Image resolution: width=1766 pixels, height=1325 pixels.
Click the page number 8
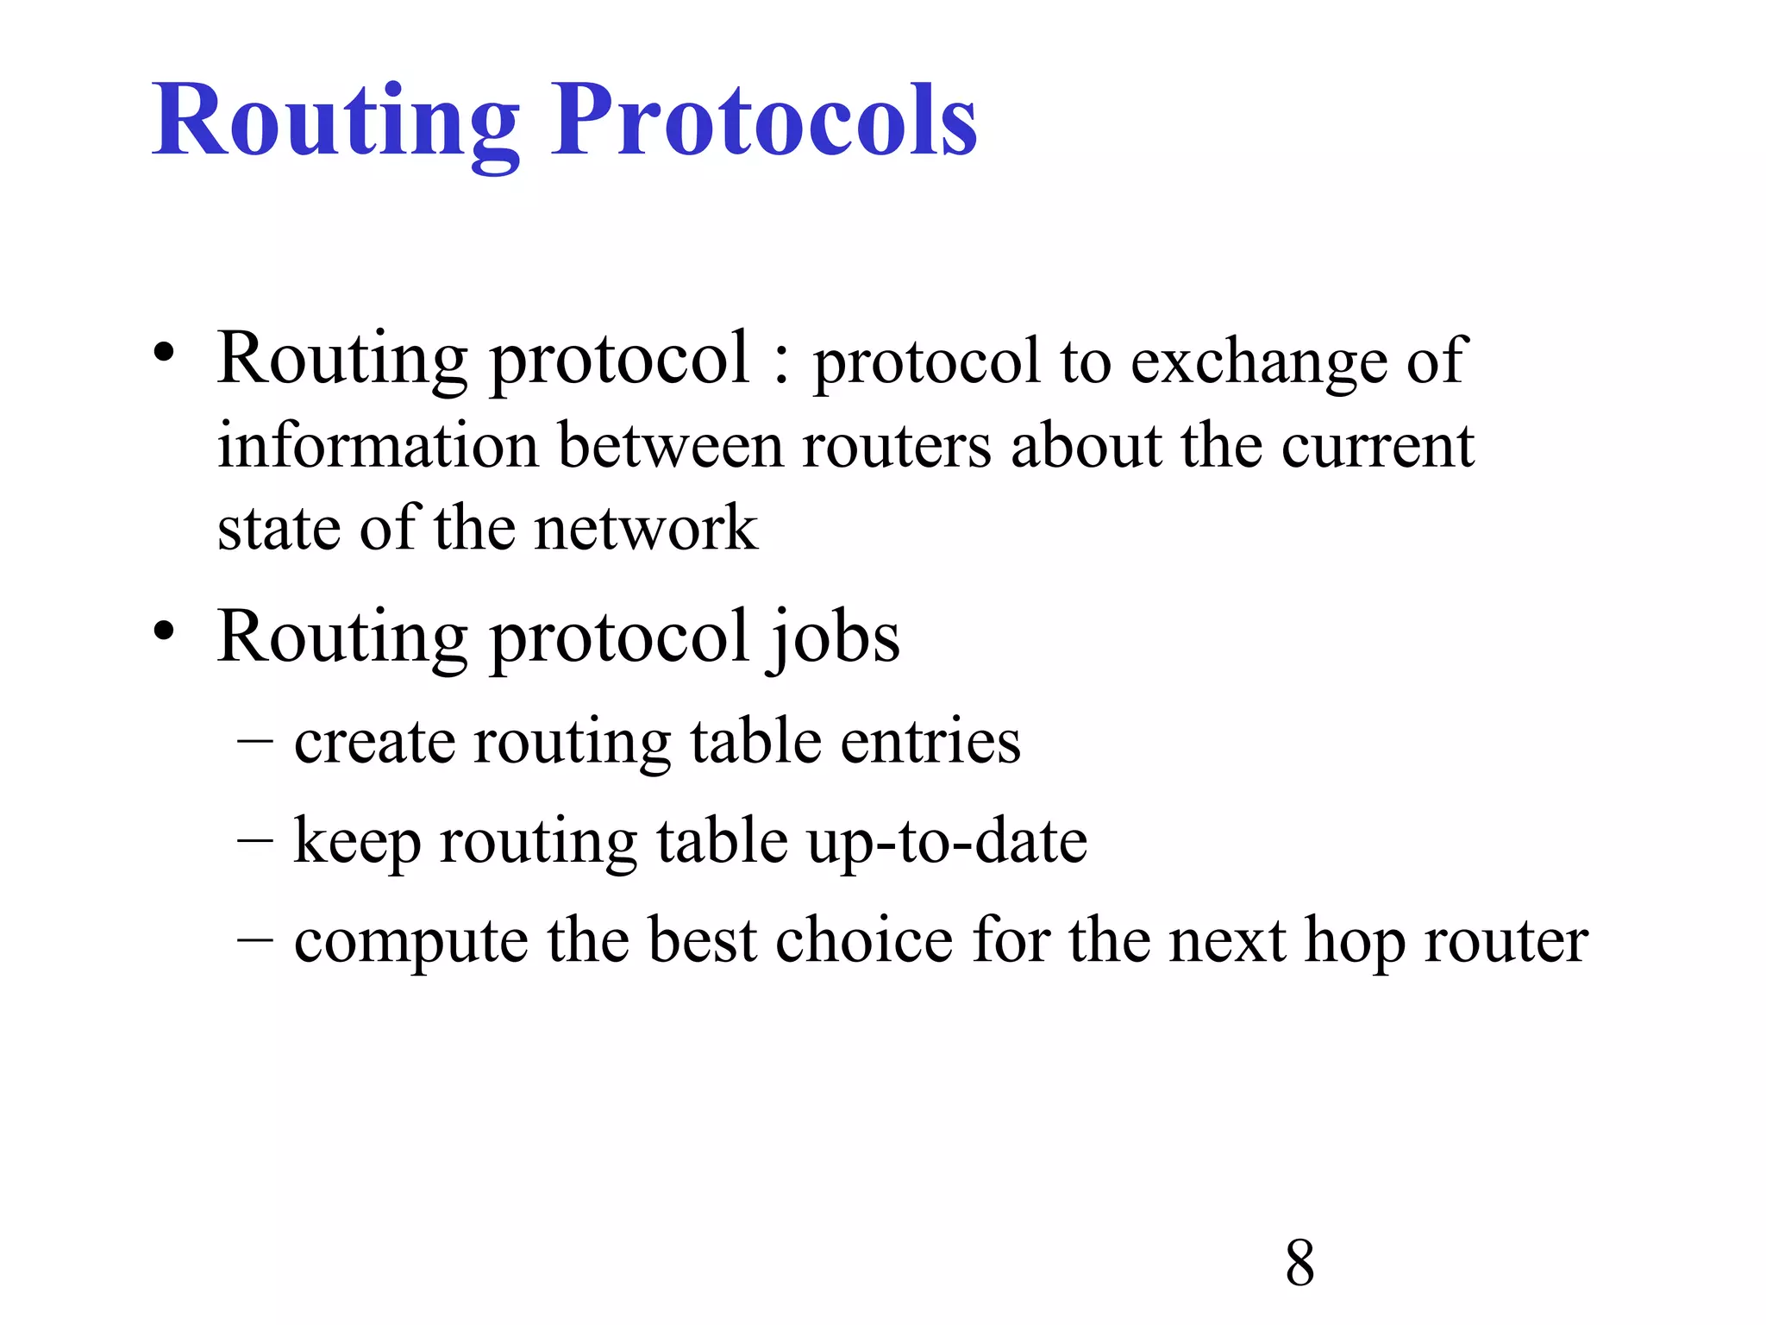[x=1299, y=1263]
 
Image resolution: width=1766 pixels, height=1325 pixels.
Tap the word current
[x=1377, y=446]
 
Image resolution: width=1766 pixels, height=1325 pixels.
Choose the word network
[x=646, y=528]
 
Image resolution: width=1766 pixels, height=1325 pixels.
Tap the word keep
[x=357, y=841]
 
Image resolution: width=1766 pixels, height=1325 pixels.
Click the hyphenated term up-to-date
[x=947, y=841]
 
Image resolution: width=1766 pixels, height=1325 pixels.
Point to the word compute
[x=410, y=941]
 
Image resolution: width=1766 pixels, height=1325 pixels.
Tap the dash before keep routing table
[x=255, y=839]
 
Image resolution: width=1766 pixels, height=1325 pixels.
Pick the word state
[x=279, y=528]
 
